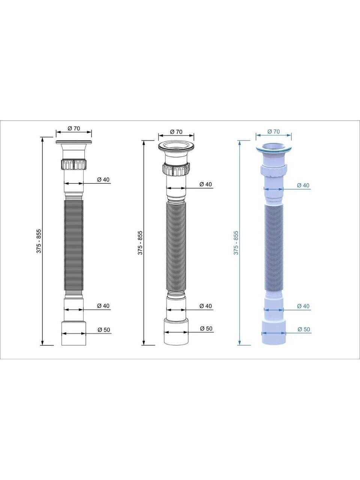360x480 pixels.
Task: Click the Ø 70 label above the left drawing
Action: pos(74,128)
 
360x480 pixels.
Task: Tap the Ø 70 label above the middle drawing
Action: pos(176,132)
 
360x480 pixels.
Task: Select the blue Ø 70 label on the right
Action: pos(273,131)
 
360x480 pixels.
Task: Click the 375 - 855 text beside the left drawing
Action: pos(39,241)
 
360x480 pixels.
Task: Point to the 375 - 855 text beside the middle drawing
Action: pos(140,243)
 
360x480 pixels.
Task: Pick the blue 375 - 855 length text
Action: pos(236,243)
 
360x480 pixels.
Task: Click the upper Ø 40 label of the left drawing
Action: pos(103,180)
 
